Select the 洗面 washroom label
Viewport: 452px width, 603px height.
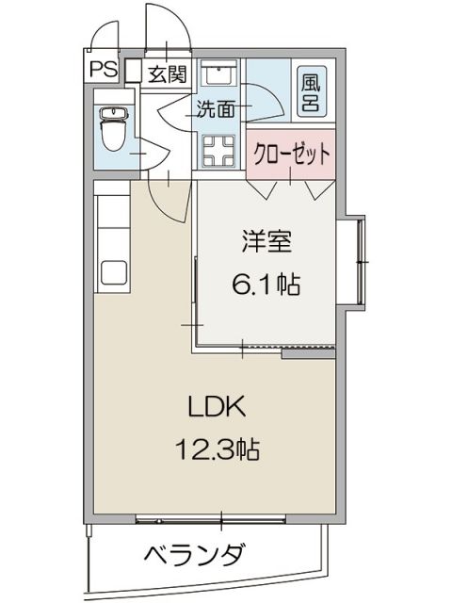tap(216, 108)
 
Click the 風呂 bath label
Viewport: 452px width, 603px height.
tap(310, 90)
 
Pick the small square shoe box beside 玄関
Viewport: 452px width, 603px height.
tap(133, 71)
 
